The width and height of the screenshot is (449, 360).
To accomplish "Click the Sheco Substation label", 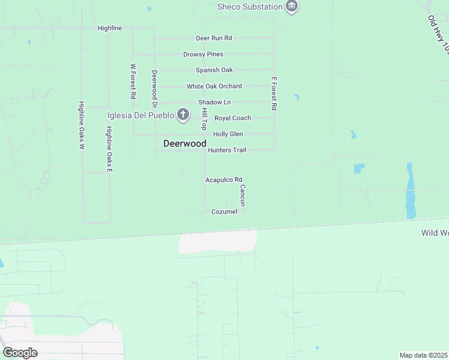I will point(250,7).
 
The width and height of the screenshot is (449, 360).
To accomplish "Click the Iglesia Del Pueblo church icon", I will point(184,115).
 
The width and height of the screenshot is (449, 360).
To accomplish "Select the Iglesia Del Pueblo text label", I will point(140,115).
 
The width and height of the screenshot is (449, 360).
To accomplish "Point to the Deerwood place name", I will point(185,144).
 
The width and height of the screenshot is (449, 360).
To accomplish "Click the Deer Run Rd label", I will point(214,38).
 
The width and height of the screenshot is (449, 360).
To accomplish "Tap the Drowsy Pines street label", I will point(203,54).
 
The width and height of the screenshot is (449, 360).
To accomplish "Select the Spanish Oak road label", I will point(214,70).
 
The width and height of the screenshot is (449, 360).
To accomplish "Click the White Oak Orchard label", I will point(214,86).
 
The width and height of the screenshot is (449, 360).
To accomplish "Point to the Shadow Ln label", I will point(214,103).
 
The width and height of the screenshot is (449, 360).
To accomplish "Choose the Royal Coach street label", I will point(232,118).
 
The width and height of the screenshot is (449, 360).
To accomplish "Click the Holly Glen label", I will point(228,134).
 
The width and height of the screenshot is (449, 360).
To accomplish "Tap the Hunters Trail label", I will point(227,150).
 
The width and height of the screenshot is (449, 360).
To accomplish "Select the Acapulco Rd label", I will point(223,179).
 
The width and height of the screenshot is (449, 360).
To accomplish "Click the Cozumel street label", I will point(224,212).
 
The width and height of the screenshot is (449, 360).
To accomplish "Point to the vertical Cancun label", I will point(243,195).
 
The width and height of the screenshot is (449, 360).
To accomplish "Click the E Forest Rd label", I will point(274,94).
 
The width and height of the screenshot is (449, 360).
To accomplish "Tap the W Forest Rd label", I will point(133,82).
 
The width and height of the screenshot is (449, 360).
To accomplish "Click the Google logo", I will point(20,353).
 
